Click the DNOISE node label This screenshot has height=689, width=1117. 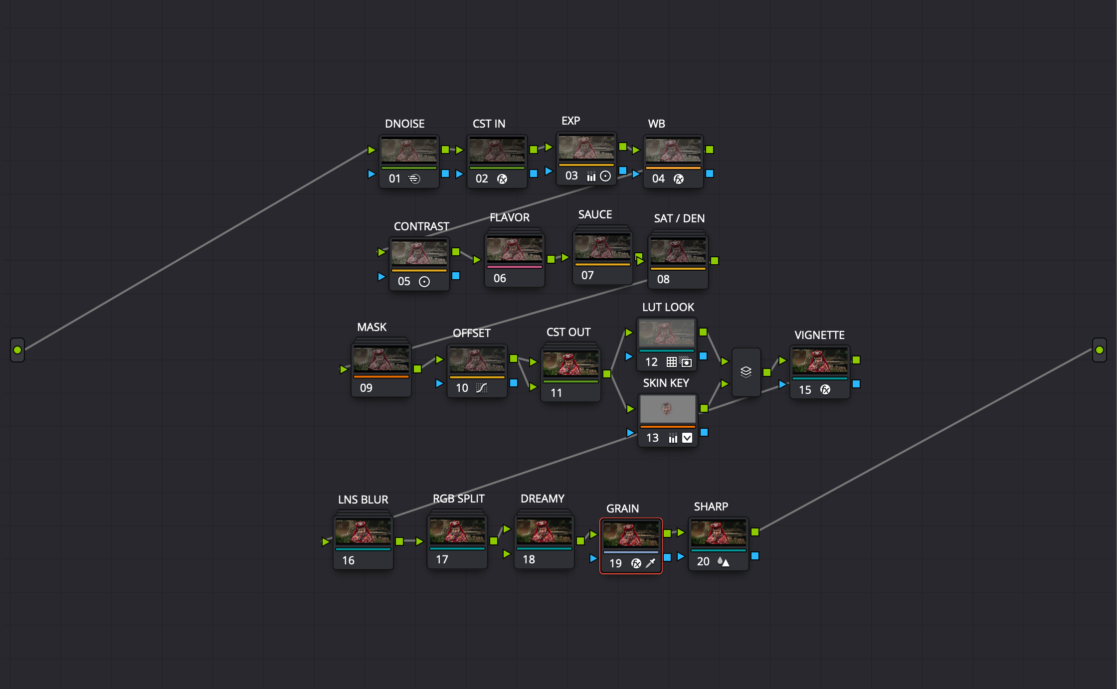pyautogui.click(x=404, y=124)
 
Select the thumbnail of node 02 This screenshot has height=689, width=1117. pyautogui.click(x=497, y=150)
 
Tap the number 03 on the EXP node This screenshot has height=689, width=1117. pyautogui.click(x=571, y=175)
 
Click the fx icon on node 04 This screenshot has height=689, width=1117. pyautogui.click(x=679, y=179)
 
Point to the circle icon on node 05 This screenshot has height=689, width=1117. pyautogui.click(x=424, y=282)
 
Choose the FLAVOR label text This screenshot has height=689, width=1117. pyautogui.click(x=509, y=217)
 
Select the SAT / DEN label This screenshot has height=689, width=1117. pyautogui.click(x=679, y=218)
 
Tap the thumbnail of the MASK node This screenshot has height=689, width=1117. pyautogui.click(x=381, y=359)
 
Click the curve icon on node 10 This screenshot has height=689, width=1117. pyautogui.click(x=481, y=388)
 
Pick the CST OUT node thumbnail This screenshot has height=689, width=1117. pyautogui.click(x=570, y=364)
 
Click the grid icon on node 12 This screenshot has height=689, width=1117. pyautogui.click(x=672, y=362)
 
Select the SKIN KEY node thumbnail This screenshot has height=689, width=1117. pyautogui.click(x=667, y=409)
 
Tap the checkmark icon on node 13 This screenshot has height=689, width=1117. pyautogui.click(x=687, y=438)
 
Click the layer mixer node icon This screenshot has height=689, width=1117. pyautogui.click(x=746, y=372)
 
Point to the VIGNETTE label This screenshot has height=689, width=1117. pyautogui.click(x=819, y=335)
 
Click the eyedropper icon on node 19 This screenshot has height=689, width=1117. pyautogui.click(x=651, y=563)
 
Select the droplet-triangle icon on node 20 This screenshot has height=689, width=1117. pyautogui.click(x=723, y=561)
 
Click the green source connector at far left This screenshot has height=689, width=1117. pyautogui.click(x=17, y=350)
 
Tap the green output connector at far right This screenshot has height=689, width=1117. pyautogui.click(x=1099, y=350)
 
